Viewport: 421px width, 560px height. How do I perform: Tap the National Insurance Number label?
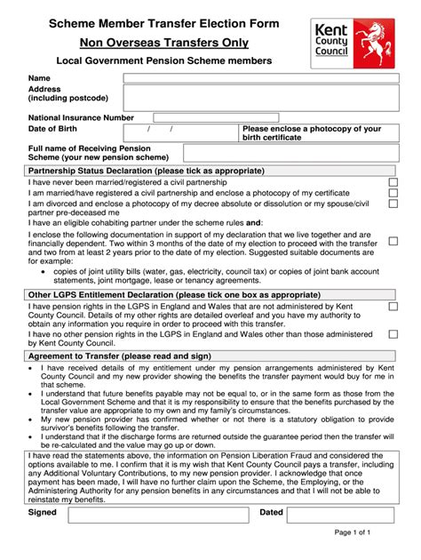[82, 117]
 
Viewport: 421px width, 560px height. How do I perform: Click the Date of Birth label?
[56, 130]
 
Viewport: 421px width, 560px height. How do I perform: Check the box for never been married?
[393, 183]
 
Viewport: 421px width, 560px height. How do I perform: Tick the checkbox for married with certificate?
[393, 193]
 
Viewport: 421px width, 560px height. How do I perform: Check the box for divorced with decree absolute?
[393, 204]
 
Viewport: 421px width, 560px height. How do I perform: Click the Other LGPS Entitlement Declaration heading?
[147, 294]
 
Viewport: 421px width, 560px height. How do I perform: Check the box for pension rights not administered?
[393, 307]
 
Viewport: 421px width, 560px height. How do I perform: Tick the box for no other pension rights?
[393, 335]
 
